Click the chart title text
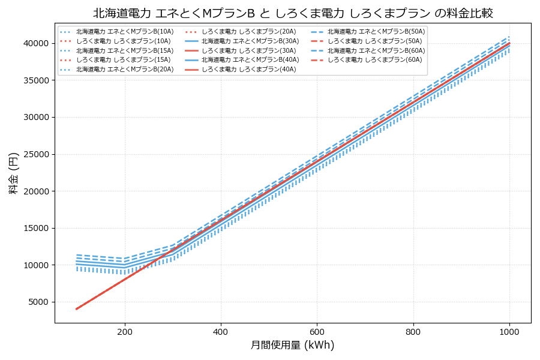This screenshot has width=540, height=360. point(293,13)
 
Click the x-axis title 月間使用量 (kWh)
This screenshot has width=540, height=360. point(292,345)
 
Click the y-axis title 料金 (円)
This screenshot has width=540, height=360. point(13,173)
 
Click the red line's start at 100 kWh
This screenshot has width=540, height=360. point(76,309)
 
